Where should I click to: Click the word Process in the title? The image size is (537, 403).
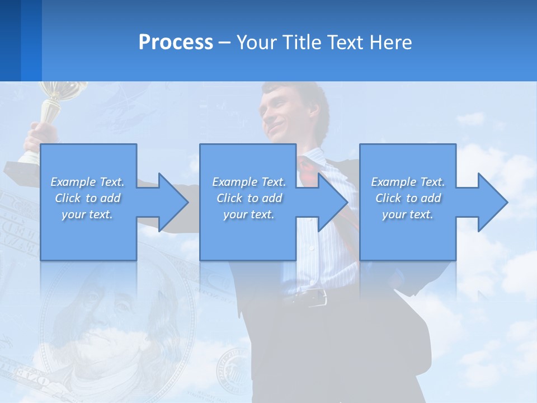[176, 43]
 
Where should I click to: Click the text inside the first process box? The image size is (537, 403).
[87, 198]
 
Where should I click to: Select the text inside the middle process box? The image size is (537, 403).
[248, 198]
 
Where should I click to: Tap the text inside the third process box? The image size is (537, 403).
[408, 198]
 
